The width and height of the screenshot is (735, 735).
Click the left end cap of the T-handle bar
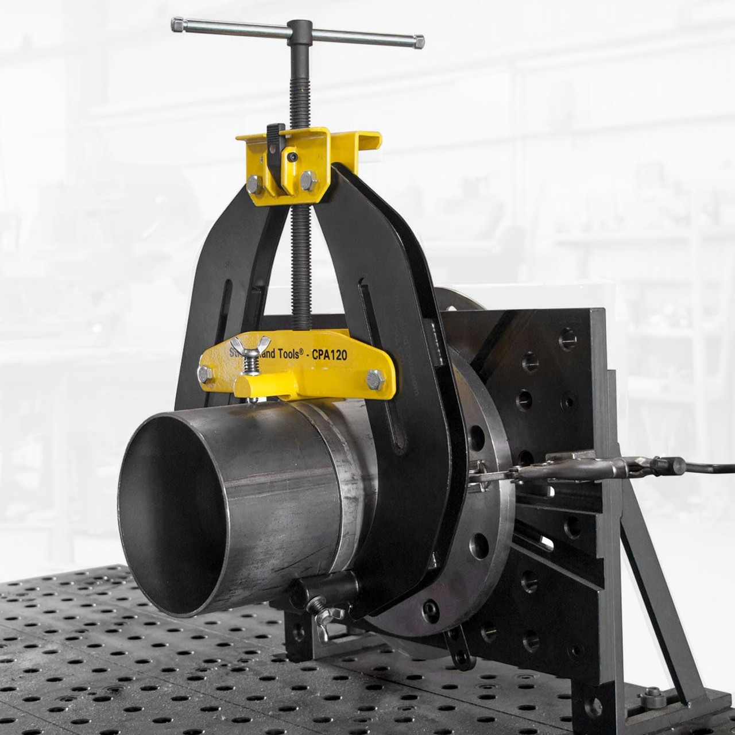(x=176, y=25)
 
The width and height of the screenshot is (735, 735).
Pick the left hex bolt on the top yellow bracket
(x=254, y=181)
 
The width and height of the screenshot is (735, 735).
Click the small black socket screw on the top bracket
(x=293, y=156)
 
